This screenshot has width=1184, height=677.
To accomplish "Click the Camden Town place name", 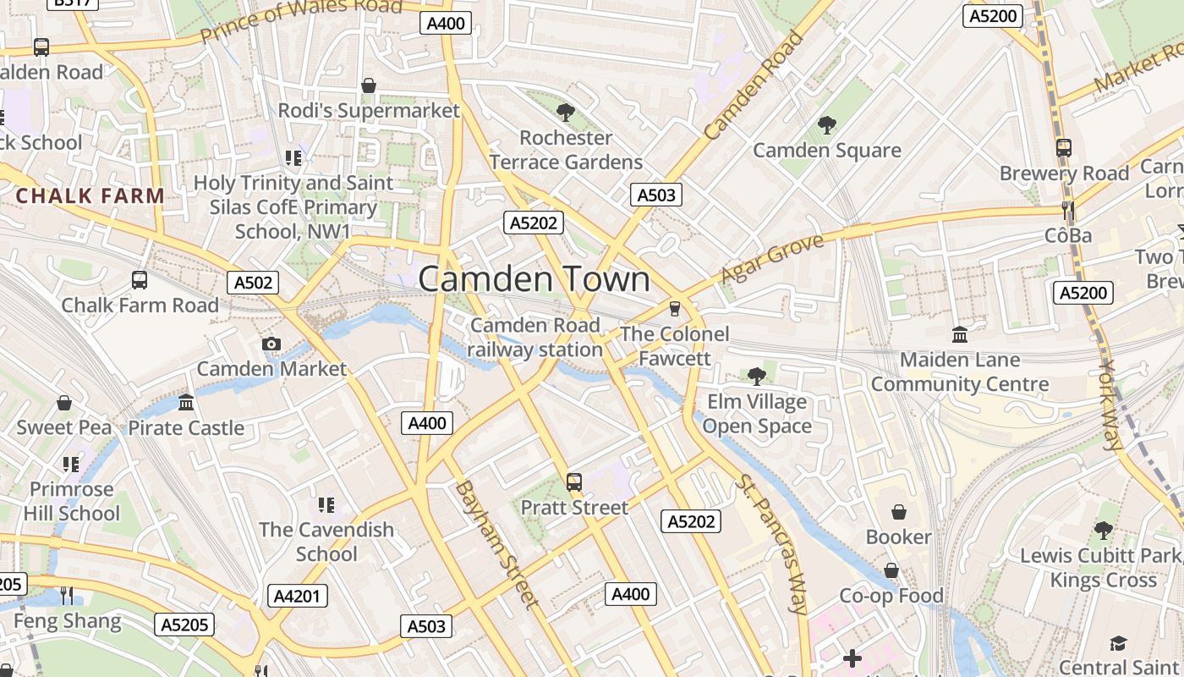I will [x=534, y=280].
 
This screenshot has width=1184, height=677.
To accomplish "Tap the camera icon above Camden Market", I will [x=271, y=344].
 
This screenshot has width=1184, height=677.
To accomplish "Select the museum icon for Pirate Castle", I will [x=186, y=402].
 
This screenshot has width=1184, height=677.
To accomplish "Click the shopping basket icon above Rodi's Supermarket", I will [x=369, y=85].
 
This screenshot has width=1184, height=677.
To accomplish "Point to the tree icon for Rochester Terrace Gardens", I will [x=565, y=112].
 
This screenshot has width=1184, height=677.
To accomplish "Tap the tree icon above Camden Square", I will [x=826, y=125].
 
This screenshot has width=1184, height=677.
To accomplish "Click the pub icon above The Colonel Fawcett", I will [x=674, y=308].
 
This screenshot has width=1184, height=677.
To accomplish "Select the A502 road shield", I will [x=253, y=283].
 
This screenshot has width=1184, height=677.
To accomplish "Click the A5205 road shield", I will [x=184, y=625].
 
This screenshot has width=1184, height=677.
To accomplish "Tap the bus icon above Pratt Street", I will [x=574, y=482].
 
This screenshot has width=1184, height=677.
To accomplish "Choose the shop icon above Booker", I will [x=898, y=512].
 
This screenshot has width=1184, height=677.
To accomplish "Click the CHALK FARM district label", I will [x=90, y=196].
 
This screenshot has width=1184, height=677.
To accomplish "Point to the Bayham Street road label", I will [x=496, y=544].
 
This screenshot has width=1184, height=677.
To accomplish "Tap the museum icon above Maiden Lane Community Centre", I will [x=959, y=335].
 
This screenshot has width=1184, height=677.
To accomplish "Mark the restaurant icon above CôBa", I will [x=1067, y=210].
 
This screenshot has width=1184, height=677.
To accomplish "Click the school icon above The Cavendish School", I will [x=326, y=505].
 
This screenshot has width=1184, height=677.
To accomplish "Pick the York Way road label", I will [x=1112, y=405].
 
